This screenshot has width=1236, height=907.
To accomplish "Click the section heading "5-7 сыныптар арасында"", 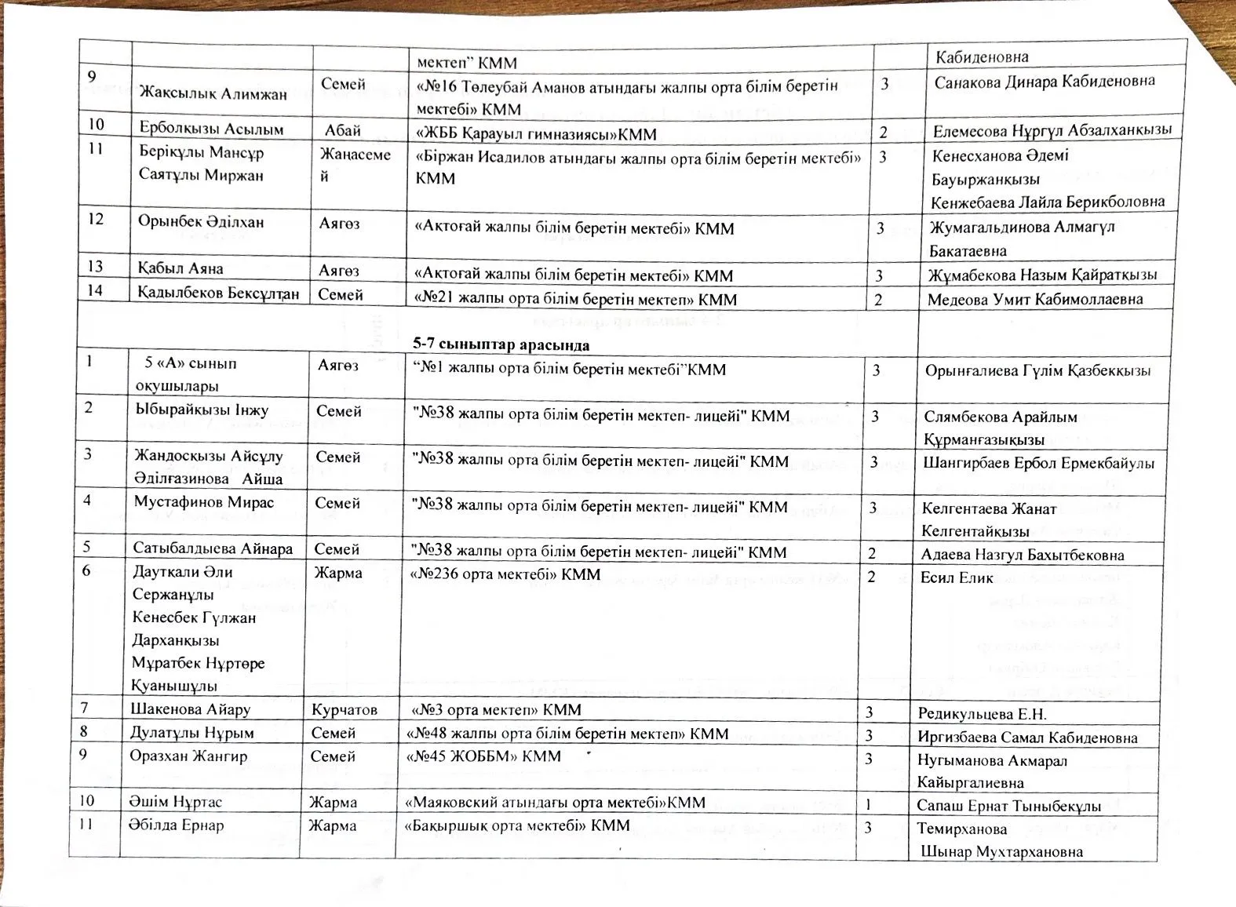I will coord(501,344).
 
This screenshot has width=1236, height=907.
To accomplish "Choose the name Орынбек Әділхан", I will coord(201,221).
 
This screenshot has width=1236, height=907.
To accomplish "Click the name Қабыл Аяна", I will coord(180,268).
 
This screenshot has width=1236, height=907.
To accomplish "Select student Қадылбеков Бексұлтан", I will coord(218,293).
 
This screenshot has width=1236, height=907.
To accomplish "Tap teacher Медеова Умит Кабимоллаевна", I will coord(1034,299).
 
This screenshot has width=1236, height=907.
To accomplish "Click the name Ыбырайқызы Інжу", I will coord(201,410).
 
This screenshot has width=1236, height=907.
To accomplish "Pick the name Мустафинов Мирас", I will coord(203,502).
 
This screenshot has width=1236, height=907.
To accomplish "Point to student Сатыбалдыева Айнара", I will coord(212,548).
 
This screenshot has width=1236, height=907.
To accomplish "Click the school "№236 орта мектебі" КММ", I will coord(505,575).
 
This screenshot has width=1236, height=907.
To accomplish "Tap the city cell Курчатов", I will coord(344,710).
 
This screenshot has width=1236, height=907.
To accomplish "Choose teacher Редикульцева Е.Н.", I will coord(982,714).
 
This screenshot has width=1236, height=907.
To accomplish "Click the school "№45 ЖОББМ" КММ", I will coord(483,756).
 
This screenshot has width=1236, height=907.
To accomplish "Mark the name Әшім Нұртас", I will coord(176,802).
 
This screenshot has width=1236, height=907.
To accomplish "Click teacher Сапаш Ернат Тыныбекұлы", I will coord(1008,806).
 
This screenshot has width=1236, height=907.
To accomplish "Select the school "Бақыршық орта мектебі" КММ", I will coord(517,825).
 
